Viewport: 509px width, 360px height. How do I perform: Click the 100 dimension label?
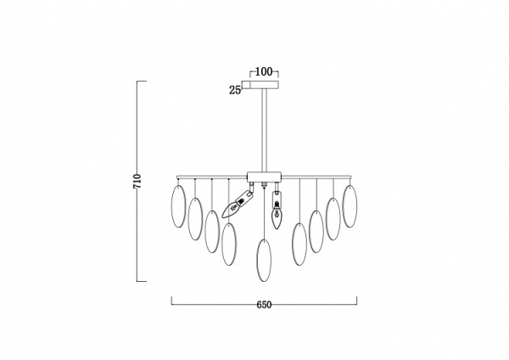(x=264, y=72)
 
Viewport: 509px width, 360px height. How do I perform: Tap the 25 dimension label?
(x=235, y=90)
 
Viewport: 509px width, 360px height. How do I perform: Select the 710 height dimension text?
(x=137, y=182)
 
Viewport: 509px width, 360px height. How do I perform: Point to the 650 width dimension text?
(x=264, y=305)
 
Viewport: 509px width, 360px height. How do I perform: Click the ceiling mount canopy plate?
(x=264, y=84)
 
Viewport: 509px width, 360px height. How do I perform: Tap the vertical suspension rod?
(x=264, y=130)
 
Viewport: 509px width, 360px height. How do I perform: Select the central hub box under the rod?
(x=264, y=177)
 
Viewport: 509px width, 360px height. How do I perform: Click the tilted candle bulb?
(x=236, y=204)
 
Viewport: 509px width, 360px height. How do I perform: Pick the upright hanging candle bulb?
(x=277, y=211)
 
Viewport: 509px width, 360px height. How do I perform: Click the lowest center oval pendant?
(x=264, y=260)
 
